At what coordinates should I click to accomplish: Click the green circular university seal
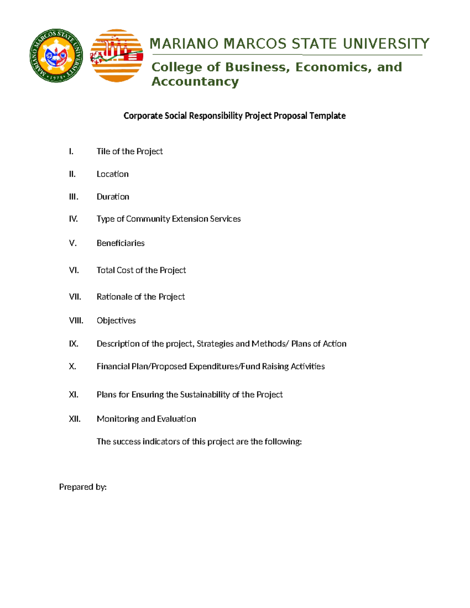56,56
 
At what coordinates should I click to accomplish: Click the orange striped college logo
116,56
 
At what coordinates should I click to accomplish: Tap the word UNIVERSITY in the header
386,43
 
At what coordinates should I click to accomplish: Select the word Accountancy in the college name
195,81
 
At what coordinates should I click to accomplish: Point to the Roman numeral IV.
73,219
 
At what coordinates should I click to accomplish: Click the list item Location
112,174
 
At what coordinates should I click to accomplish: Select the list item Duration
113,197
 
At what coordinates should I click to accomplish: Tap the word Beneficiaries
120,243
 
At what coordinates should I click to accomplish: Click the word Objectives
116,321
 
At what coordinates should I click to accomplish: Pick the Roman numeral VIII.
76,321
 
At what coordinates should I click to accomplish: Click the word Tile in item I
103,152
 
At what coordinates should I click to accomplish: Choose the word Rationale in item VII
114,297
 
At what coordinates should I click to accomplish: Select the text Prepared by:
83,487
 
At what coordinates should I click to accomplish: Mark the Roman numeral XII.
74,419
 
